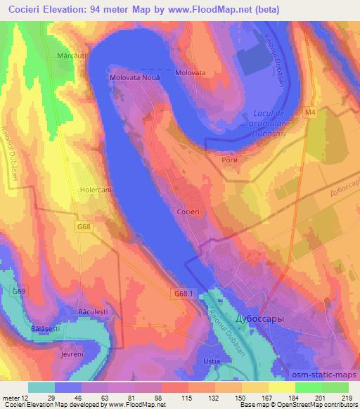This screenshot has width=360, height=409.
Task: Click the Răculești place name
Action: [92, 310]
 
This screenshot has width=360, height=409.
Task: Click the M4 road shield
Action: [311, 112]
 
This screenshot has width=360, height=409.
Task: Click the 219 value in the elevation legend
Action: [345, 398]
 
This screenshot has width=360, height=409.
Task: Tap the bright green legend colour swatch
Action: [308, 387]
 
